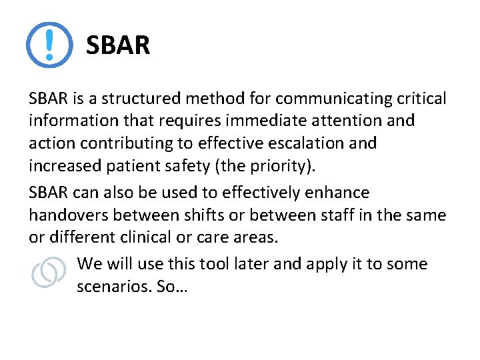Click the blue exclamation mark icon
point(49,45)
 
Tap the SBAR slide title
point(118,46)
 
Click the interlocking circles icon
point(49,273)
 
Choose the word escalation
point(304,143)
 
